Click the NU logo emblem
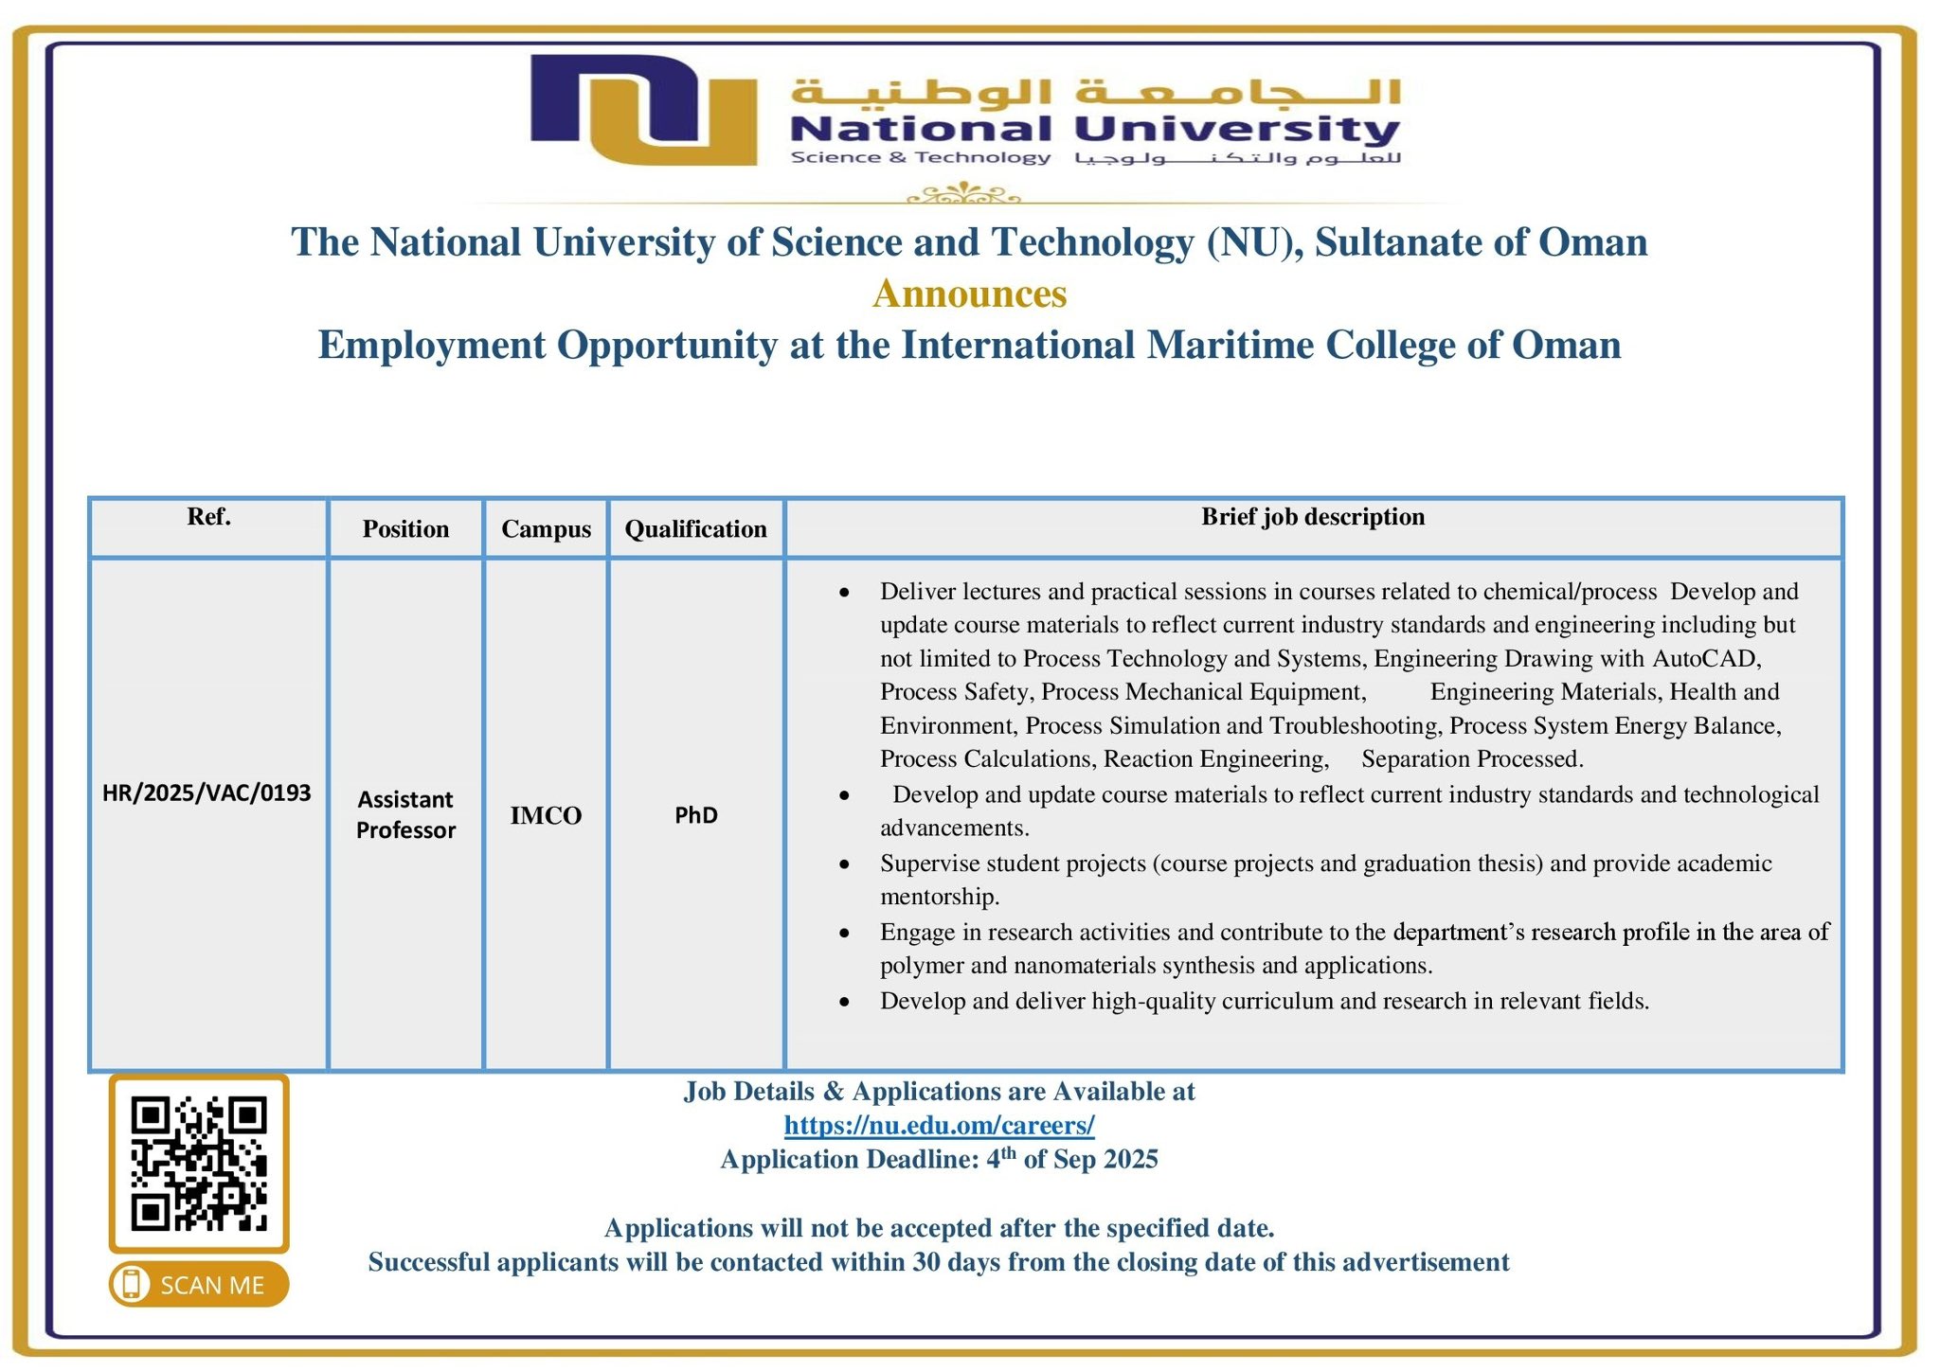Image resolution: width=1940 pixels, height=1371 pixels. coord(643,109)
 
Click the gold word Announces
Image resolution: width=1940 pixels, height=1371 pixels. coord(969,294)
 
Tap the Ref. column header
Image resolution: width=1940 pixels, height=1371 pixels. coord(208,517)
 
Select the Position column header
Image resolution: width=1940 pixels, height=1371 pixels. coord(405,528)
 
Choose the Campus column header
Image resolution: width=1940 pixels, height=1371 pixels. coord(546,528)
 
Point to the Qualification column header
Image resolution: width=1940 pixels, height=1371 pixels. coord(695,528)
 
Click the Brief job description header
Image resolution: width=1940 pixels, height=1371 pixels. coord(1312,517)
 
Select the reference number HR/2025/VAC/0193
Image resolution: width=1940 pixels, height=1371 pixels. coord(207,792)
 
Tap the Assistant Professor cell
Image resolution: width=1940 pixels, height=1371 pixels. coord(405,814)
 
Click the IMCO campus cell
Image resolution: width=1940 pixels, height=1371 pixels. coord(546,815)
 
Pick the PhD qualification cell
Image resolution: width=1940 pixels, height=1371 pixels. coord(695,815)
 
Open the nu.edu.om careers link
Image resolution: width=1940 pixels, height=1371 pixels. coord(939,1125)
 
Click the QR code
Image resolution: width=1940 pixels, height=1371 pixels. coord(199,1163)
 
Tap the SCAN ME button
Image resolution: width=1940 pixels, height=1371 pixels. coord(199,1285)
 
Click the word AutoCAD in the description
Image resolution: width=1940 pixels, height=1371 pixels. coord(1705,658)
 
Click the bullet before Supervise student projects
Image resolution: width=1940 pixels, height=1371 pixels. coord(844,864)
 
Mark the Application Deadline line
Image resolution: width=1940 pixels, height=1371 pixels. coord(939,1159)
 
